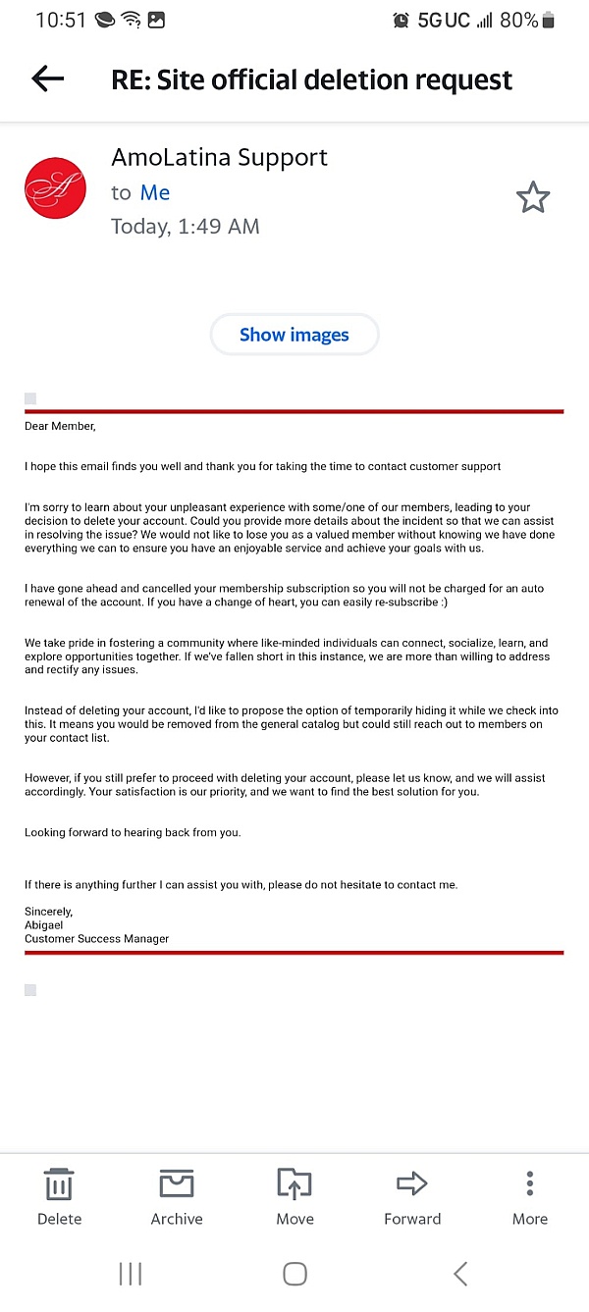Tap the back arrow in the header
[47, 79]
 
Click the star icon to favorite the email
[533, 197]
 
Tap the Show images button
[294, 335]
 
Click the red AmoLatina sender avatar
[55, 188]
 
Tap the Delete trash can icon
[59, 1185]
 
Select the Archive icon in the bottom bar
[177, 1184]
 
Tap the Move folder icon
[294, 1184]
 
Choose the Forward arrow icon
[412, 1184]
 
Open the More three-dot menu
[529, 1184]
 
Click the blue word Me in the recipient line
[155, 193]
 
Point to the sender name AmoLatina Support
[219, 158]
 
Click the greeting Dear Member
[60, 426]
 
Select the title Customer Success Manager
[96, 939]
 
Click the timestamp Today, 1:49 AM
[186, 227]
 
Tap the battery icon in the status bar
[548, 21]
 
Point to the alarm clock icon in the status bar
[401, 21]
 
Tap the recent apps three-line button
[131, 1274]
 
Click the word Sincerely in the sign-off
[48, 912]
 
